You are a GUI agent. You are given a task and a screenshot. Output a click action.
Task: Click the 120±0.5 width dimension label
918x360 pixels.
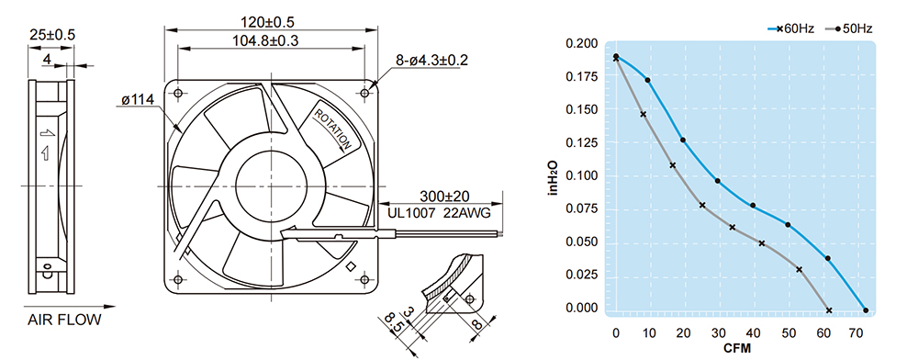(267, 22)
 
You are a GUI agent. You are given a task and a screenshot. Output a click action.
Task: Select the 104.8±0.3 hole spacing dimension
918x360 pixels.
(267, 40)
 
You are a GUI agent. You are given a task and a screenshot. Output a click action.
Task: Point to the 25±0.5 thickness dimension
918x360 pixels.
(52, 35)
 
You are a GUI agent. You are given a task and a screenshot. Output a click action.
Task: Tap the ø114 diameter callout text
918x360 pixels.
(137, 100)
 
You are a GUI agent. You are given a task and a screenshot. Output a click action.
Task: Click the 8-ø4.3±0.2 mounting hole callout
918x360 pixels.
(431, 60)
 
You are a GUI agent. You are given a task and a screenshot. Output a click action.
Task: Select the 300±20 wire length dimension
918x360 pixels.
(444, 196)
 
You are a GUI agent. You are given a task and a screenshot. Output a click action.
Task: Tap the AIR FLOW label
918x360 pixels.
(64, 320)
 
